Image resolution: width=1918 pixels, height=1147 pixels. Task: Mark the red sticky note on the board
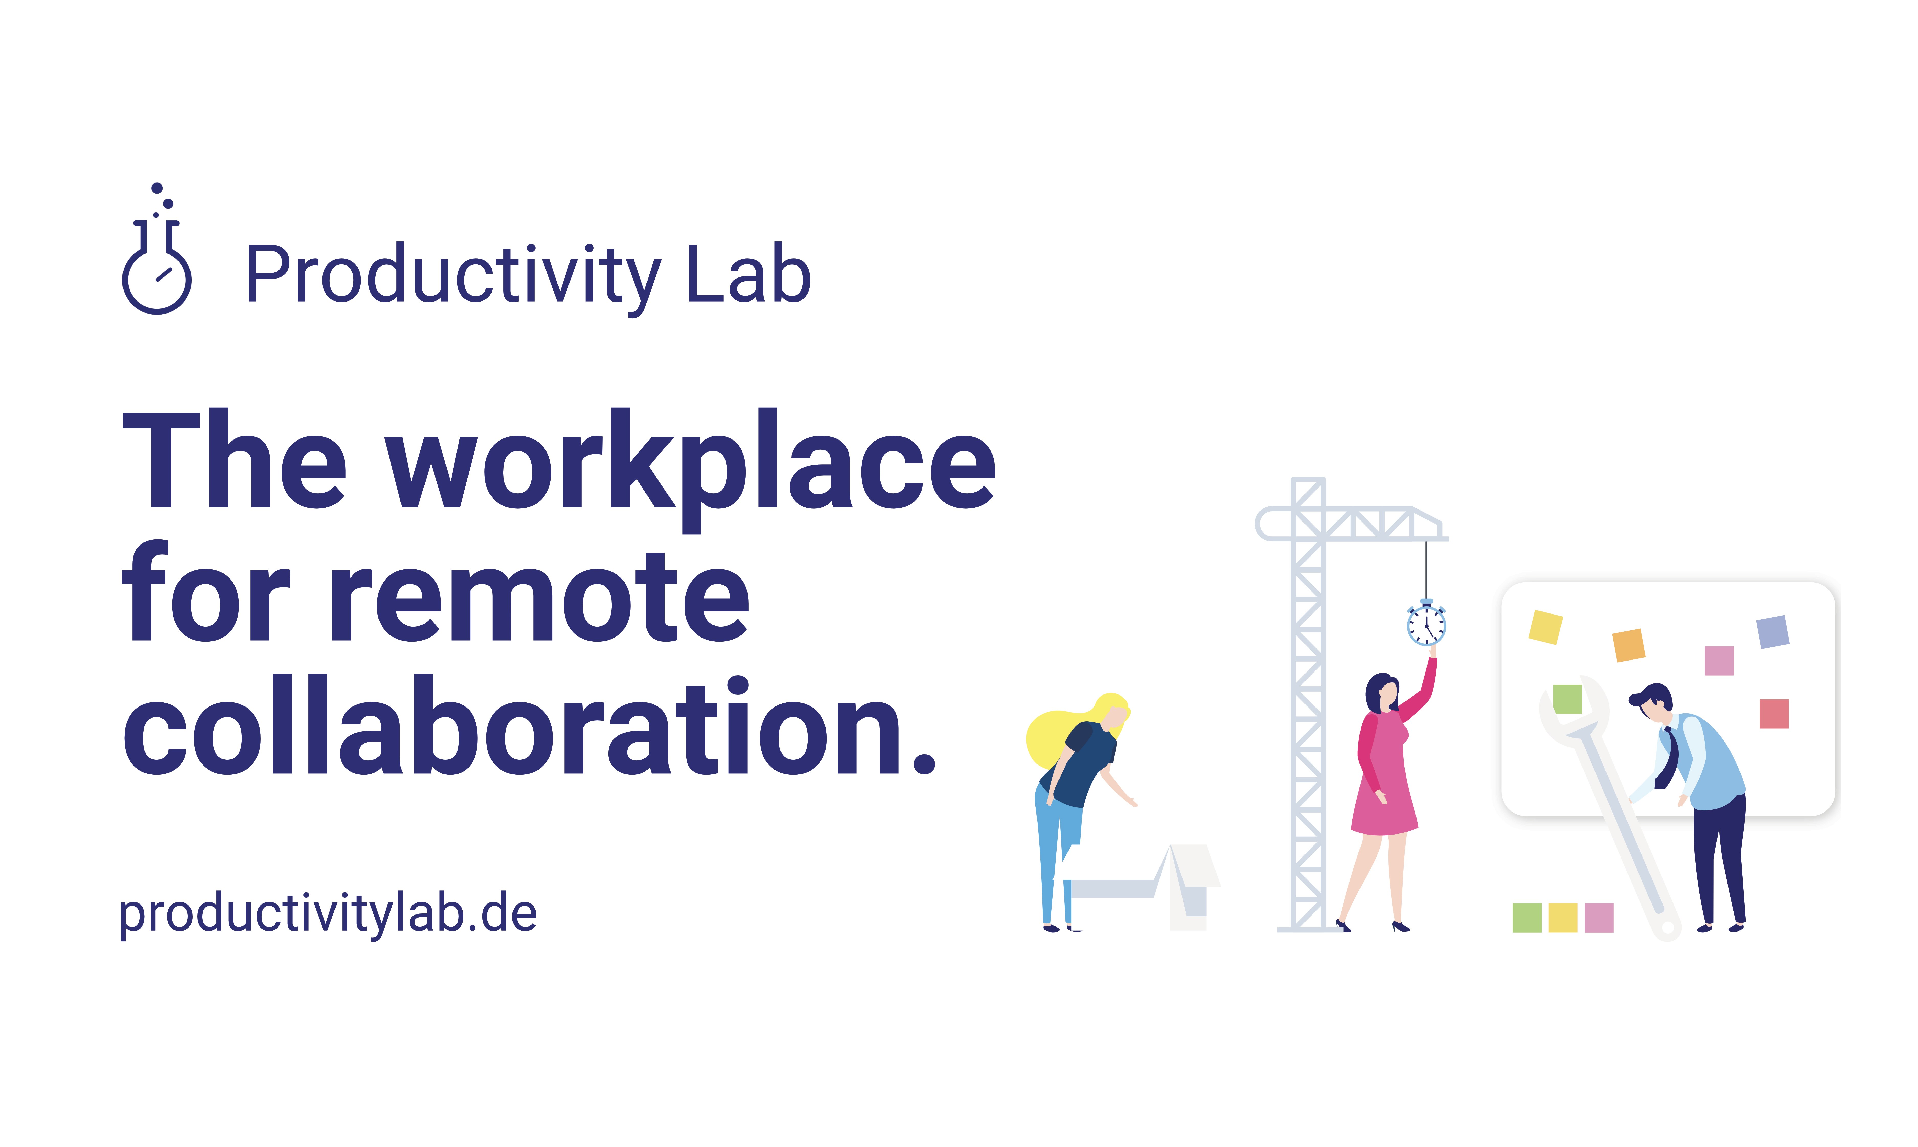pyautogui.click(x=1774, y=713)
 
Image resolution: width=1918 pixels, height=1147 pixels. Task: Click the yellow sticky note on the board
pyautogui.click(x=1545, y=627)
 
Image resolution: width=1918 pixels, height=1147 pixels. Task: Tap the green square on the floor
pyautogui.click(x=1527, y=918)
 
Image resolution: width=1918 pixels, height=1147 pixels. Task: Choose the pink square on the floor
pyautogui.click(x=1599, y=918)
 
